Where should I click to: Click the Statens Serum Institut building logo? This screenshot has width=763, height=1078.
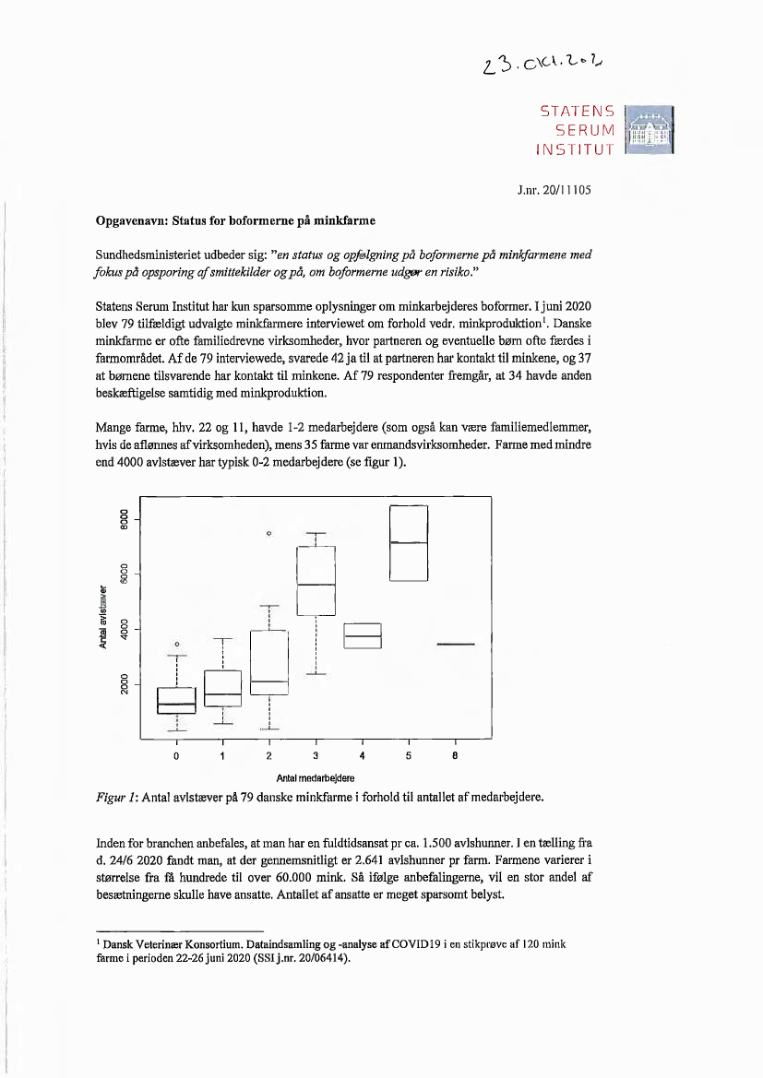click(650, 131)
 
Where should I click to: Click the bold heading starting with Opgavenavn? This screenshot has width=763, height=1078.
click(235, 221)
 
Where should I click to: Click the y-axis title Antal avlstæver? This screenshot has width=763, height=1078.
click(103, 616)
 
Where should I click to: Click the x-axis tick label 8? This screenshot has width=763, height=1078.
click(455, 756)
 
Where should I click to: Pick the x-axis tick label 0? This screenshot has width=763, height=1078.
click(176, 756)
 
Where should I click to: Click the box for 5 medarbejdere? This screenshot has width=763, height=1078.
click(409, 543)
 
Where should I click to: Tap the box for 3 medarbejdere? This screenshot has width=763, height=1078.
click(316, 581)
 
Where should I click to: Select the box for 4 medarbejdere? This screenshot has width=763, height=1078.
click(363, 635)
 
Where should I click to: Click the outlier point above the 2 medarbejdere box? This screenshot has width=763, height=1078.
click(269, 534)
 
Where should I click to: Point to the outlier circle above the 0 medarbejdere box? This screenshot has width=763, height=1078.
click(176, 644)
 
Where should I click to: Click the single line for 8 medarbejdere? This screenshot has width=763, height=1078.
click(455, 645)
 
